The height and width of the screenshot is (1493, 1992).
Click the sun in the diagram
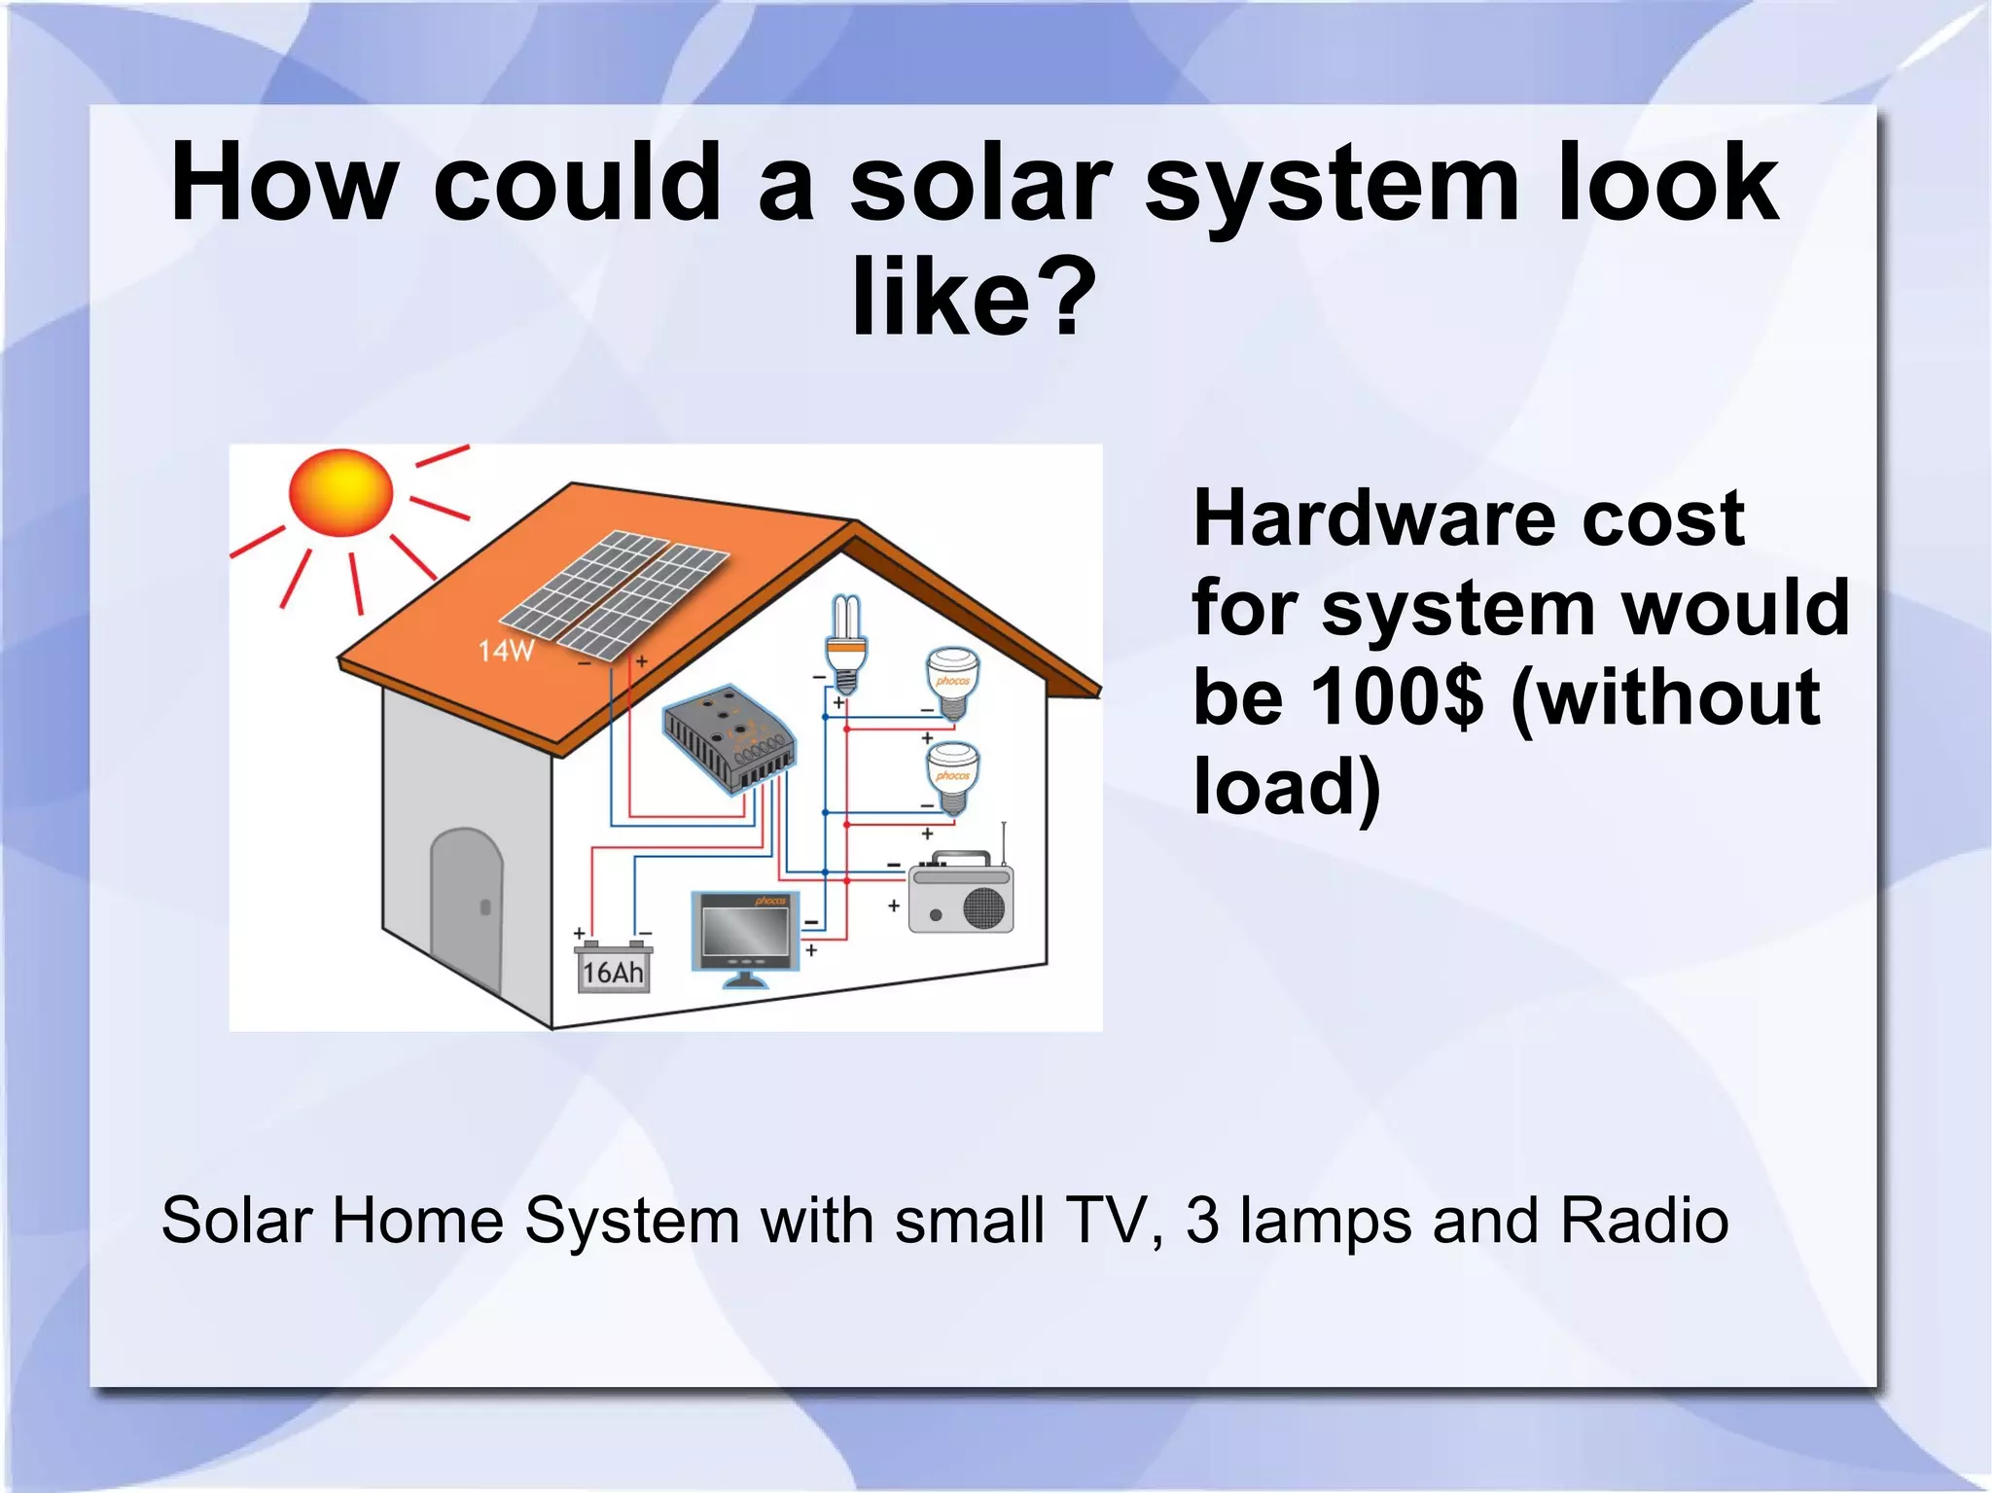tap(341, 492)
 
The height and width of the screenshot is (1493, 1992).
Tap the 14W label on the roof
tap(506, 651)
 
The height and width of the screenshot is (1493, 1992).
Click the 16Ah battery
tap(613, 968)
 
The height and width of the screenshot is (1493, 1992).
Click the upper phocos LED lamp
tap(952, 682)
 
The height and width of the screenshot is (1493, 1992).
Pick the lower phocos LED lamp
tap(952, 777)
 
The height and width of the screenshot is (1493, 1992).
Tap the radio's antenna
tap(1004, 842)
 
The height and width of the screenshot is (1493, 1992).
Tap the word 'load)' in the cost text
tap(1287, 786)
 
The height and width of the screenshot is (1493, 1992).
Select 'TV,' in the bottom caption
tap(1116, 1220)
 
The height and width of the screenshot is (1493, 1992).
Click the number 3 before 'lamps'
tap(1202, 1220)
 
